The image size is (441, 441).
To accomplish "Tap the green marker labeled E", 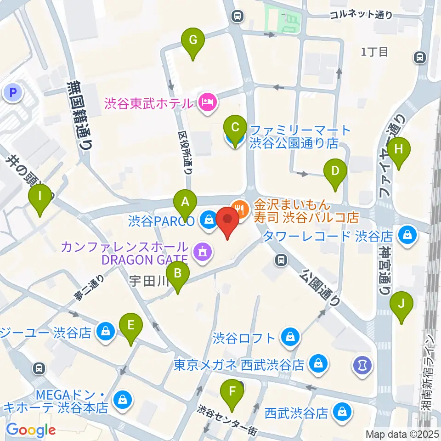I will click(x=131, y=326).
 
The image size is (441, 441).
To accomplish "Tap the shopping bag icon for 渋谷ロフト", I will click(x=291, y=338).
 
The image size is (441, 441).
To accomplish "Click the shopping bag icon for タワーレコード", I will click(x=407, y=236).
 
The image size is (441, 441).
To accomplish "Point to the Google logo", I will click(x=30, y=430).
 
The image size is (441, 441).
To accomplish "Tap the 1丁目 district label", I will click(x=374, y=52).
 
